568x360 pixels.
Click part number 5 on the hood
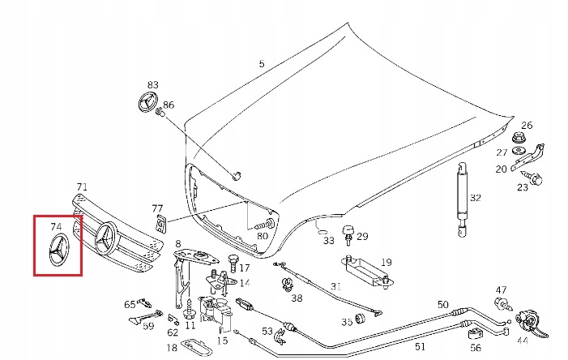[261, 63]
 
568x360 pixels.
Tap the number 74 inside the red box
[56, 227]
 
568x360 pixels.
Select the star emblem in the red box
[58, 252]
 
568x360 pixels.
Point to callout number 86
[169, 105]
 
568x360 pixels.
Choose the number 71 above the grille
[82, 187]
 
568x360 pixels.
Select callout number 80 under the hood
[262, 236]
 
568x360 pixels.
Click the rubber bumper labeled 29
[348, 236]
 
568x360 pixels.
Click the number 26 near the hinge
[527, 125]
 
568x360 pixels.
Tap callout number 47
[502, 290]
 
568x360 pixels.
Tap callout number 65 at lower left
[130, 305]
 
